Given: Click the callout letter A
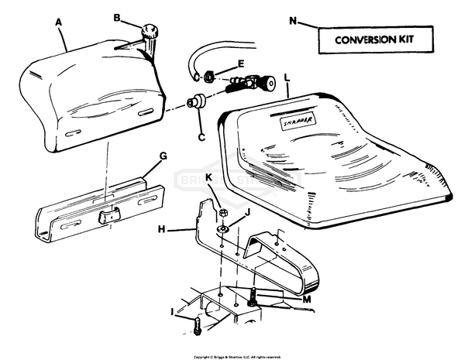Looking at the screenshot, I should click(60, 22).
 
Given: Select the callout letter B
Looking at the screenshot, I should click(117, 17).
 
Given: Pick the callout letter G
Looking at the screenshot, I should click(163, 156).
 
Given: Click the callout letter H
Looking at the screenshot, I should click(161, 229).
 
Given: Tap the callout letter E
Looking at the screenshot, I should click(241, 63).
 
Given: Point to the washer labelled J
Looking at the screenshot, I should click(222, 229).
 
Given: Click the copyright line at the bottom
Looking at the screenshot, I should click(237, 356).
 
